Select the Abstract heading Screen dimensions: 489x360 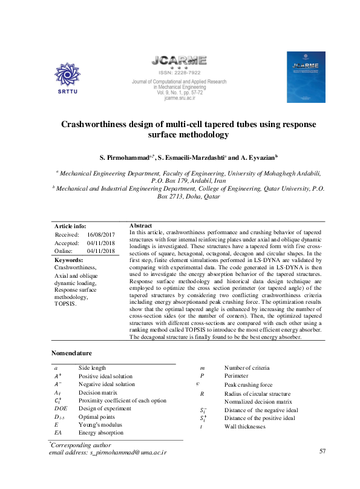(140, 225)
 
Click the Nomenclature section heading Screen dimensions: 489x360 (72, 353)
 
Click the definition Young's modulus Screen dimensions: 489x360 (101, 425)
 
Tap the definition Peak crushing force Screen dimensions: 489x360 (248, 384)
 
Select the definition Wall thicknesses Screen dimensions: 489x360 (245, 426)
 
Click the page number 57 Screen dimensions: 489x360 (322, 451)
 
